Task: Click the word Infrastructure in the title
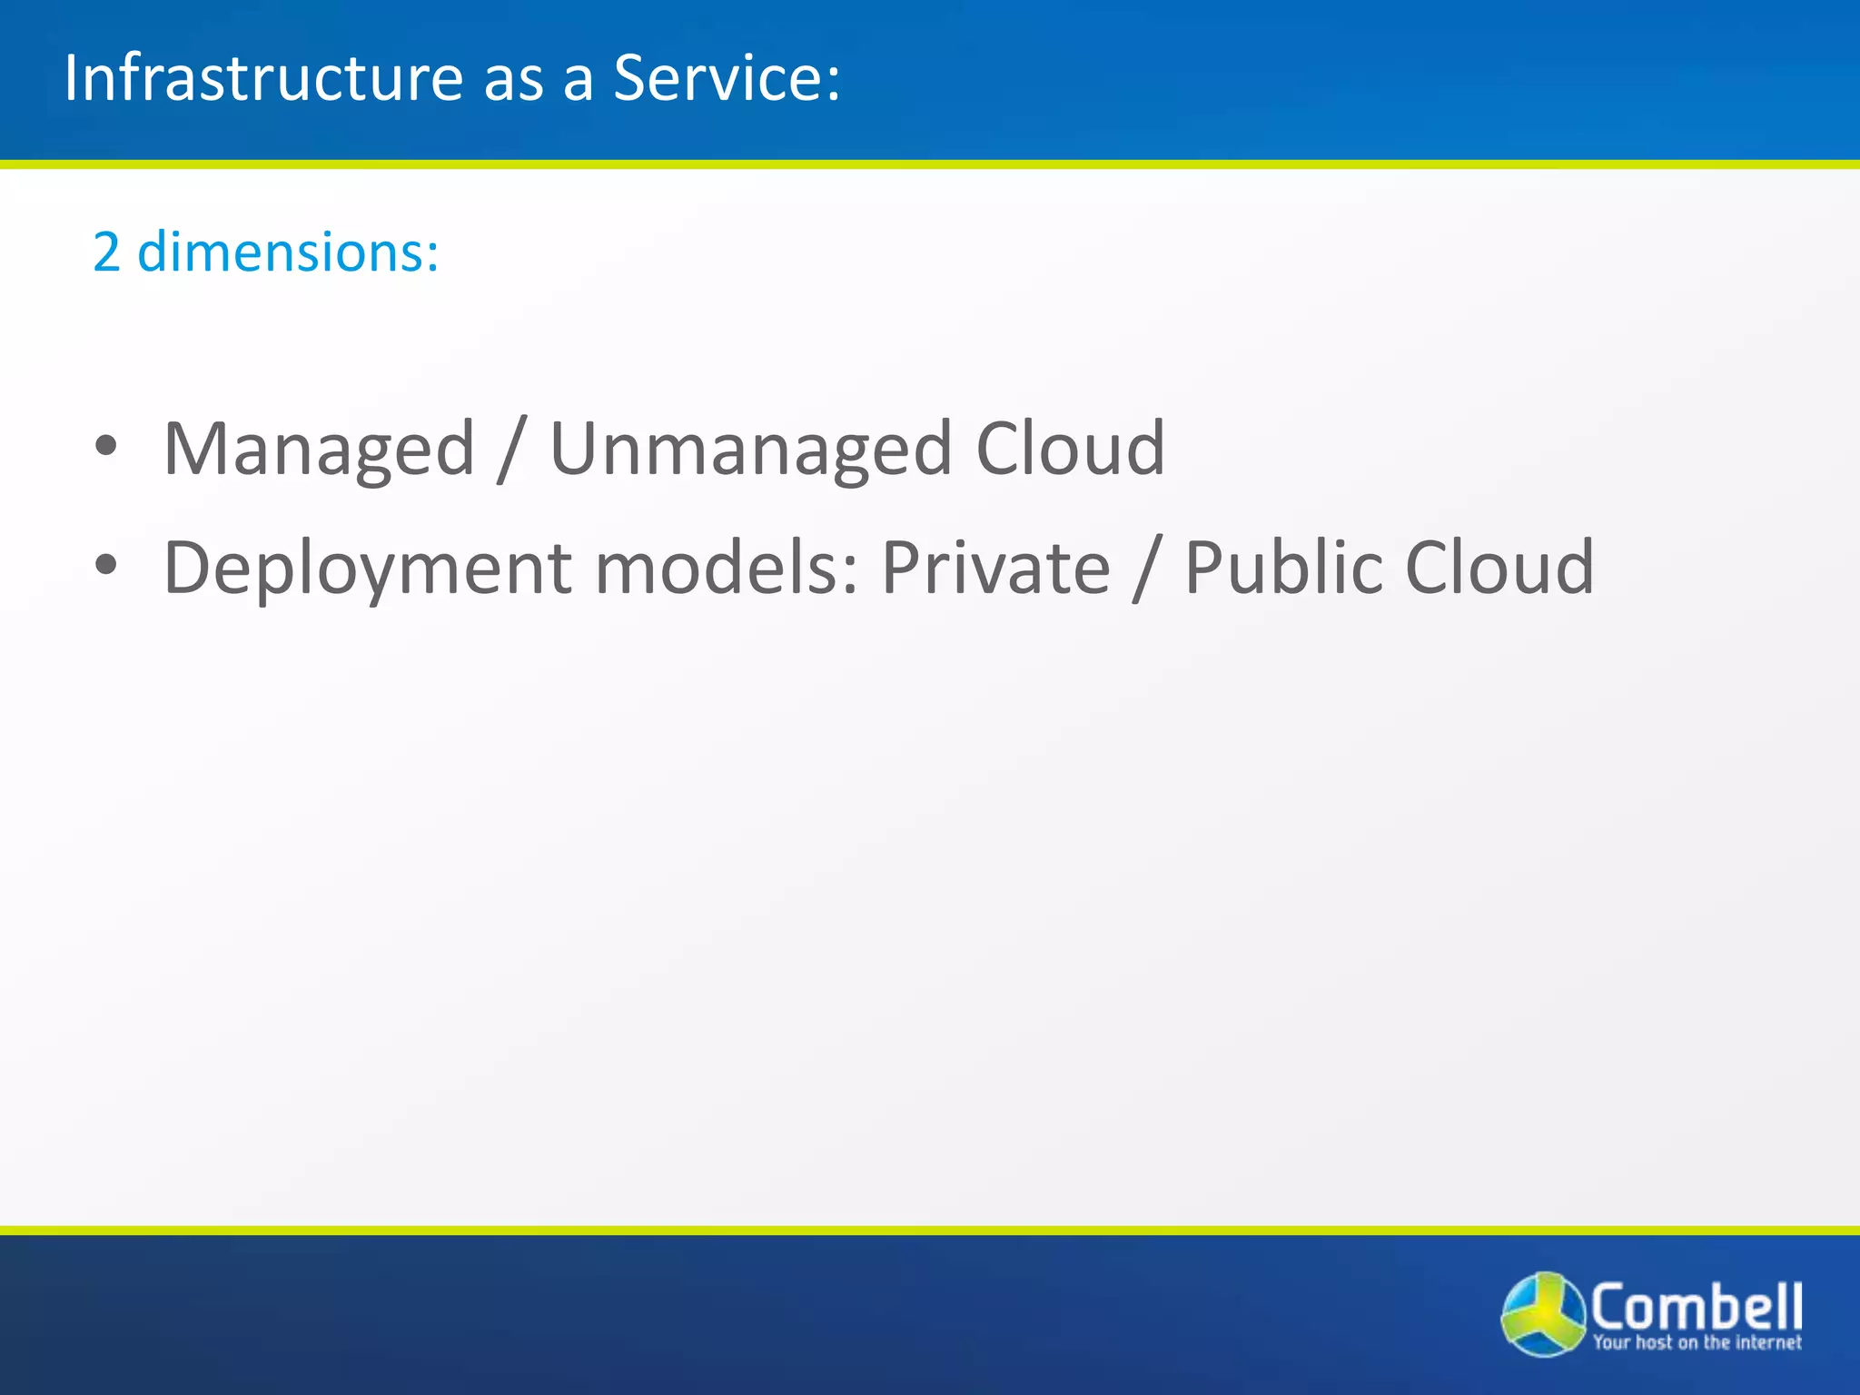click(x=263, y=78)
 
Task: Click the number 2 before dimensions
click(x=106, y=252)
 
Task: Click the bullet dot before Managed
click(x=106, y=446)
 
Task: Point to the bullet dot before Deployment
click(x=106, y=565)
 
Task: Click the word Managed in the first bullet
click(x=319, y=449)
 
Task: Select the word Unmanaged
click(x=751, y=449)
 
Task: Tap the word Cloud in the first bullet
click(x=1070, y=449)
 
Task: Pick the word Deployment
click(x=367, y=569)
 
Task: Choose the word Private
click(x=995, y=569)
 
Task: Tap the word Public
click(x=1282, y=569)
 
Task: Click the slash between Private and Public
click(x=1147, y=569)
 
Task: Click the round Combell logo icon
click(x=1543, y=1314)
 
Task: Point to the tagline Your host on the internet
click(x=1697, y=1342)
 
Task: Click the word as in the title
click(x=513, y=78)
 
